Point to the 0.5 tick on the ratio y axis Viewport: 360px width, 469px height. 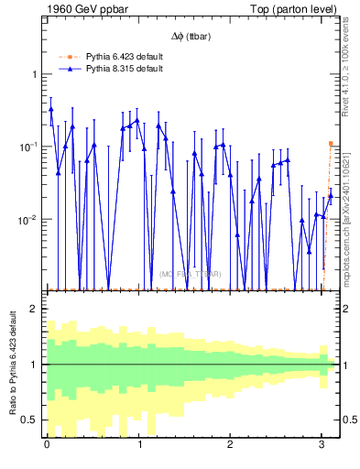31,420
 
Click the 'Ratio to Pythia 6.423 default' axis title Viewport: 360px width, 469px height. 12,364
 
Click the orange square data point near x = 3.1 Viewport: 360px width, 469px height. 331,144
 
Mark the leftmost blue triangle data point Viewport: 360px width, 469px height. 50,109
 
